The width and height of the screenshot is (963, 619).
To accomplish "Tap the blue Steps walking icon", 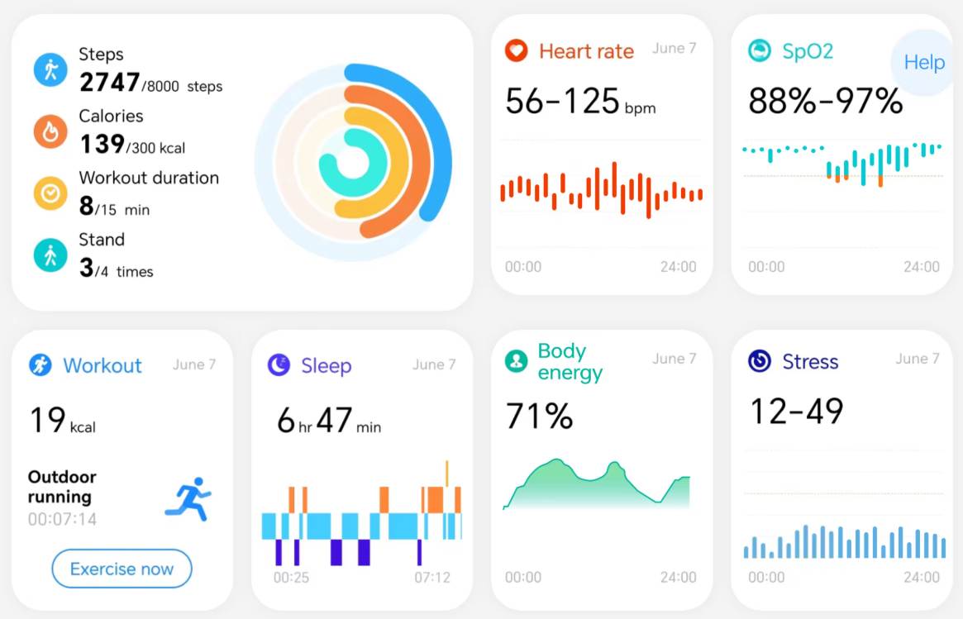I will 50,69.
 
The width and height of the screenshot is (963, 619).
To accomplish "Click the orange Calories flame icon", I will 50,131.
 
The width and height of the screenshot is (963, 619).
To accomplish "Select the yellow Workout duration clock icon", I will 50,193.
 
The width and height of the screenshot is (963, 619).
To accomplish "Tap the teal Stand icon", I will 50,255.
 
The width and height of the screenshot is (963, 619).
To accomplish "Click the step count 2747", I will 109,83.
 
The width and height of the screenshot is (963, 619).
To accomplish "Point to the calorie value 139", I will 102,145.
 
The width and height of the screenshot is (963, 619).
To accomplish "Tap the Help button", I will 923,63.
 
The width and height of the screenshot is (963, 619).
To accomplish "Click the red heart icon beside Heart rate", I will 517,51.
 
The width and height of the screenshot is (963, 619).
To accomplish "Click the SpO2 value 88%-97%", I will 825,101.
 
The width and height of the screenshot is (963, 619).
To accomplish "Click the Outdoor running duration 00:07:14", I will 62,519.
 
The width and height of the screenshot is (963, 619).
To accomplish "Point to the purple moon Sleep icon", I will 279,365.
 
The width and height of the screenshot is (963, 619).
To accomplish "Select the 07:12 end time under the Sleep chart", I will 432,577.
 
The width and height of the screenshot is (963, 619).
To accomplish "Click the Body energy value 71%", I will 539,417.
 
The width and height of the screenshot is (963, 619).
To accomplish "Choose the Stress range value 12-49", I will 796,411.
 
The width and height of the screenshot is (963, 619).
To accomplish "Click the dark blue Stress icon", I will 759,361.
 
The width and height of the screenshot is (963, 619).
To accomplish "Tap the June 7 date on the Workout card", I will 194,364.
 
